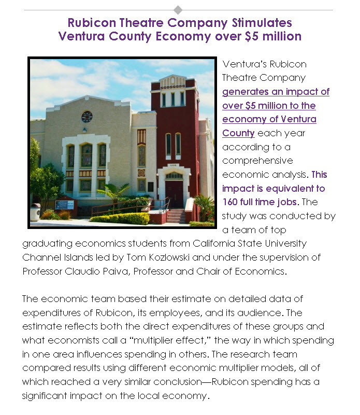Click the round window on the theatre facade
click(x=87, y=117)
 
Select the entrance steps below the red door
click(x=175, y=215)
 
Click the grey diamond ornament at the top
click(x=178, y=10)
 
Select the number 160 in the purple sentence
click(x=232, y=202)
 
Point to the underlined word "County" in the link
click(x=238, y=133)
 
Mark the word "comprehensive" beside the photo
click(x=257, y=161)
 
